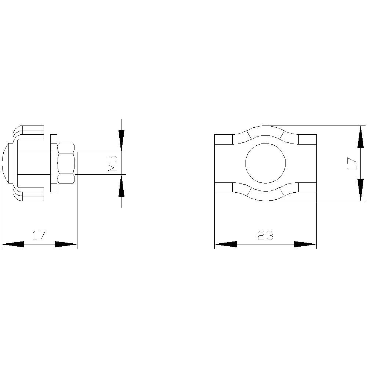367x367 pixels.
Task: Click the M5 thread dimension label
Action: (113, 163)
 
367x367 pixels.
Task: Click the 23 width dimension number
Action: (265, 235)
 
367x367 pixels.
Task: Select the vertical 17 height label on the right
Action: (352, 163)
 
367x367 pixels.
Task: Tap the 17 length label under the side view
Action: (39, 235)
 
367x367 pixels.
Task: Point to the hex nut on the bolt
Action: (67, 163)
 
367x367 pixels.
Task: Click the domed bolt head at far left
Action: (7, 163)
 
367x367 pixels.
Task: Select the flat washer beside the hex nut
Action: (54, 163)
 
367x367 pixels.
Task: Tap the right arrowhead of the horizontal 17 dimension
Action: (66, 244)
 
